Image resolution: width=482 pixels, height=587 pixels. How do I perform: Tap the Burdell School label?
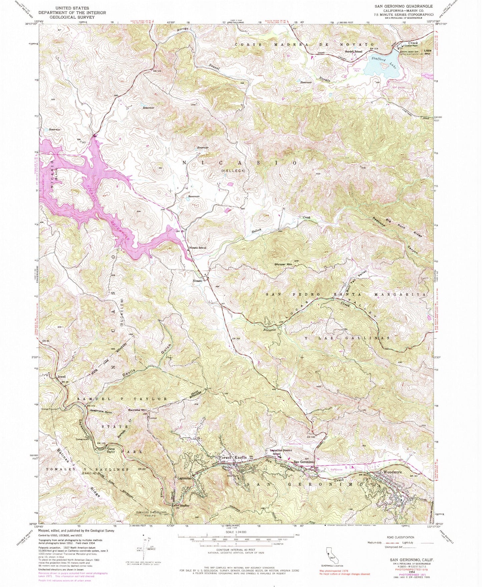(x=354, y=51)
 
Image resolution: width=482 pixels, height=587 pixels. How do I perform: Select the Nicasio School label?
(x=198, y=248)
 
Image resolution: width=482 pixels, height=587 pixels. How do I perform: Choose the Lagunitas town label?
(x=184, y=478)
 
